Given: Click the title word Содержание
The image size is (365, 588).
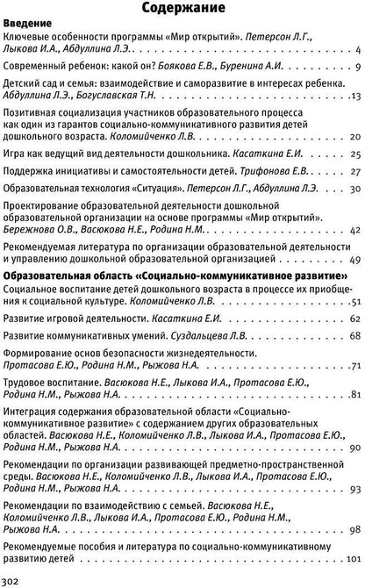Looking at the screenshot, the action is [182, 10].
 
